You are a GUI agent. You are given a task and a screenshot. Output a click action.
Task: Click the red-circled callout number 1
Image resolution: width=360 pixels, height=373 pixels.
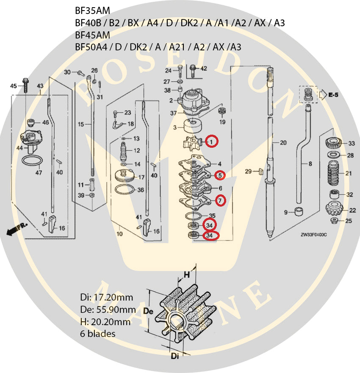tap(211, 142)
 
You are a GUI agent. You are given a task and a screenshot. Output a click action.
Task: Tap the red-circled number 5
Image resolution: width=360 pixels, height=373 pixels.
tap(220, 175)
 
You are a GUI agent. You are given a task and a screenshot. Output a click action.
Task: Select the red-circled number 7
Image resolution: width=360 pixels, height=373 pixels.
tap(220, 201)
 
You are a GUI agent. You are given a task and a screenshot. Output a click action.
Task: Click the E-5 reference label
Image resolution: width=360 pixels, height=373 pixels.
tap(333, 95)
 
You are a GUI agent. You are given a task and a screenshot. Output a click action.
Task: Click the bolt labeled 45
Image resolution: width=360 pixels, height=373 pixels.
tap(25, 85)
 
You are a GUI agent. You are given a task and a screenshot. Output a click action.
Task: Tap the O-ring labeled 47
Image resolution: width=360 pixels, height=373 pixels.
tap(32, 160)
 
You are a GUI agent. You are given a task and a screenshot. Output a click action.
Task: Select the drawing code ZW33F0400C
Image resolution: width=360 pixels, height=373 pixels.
tap(313, 235)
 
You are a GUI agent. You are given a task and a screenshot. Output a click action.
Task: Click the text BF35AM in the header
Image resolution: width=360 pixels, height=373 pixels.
tap(93, 11)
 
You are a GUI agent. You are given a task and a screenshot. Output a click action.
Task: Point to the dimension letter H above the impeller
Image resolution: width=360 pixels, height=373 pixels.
tap(187, 275)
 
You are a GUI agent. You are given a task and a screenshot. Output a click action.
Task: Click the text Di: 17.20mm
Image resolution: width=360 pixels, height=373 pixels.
tap(106, 297)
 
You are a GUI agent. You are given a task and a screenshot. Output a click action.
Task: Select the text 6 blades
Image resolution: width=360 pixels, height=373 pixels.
tap(97, 334)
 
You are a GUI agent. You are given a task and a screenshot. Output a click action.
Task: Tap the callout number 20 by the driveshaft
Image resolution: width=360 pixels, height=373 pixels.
tap(283, 143)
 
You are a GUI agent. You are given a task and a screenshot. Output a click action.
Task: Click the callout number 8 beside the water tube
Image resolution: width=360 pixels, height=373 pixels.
tap(310, 164)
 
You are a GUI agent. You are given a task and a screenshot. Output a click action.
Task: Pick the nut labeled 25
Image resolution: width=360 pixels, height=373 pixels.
tap(334, 221)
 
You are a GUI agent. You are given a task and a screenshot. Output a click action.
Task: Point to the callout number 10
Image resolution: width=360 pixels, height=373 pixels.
tap(119, 234)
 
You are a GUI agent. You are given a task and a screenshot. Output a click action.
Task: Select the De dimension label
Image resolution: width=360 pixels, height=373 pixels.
tap(148, 311)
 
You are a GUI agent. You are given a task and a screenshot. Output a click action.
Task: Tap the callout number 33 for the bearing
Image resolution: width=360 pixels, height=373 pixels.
tap(352, 144)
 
